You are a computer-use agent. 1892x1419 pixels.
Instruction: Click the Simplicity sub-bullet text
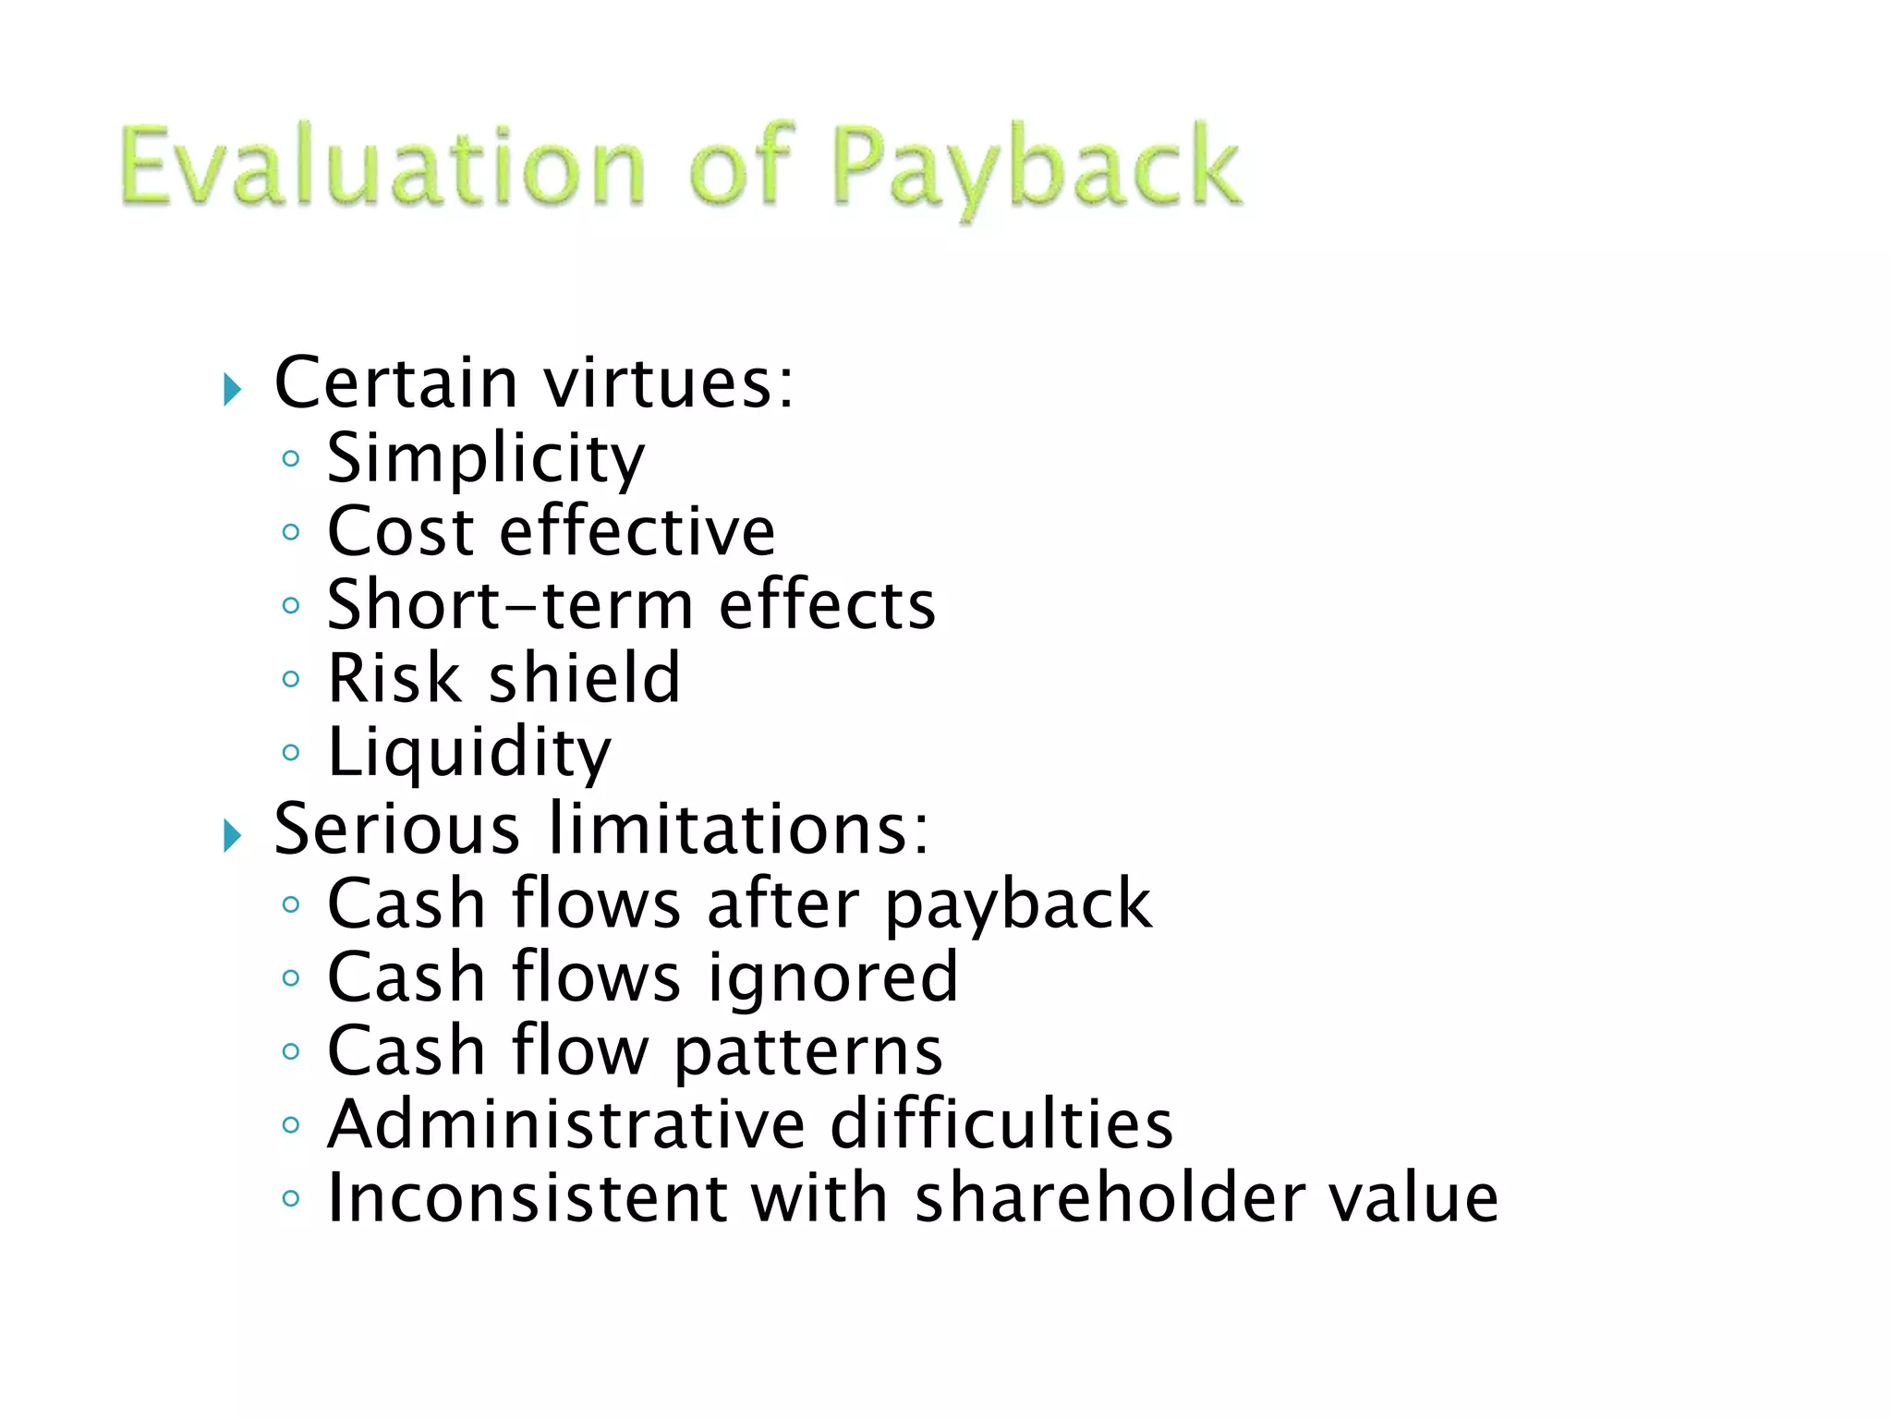tap(486, 458)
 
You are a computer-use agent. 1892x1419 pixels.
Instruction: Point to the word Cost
tap(401, 532)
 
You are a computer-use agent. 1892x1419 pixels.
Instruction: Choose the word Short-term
tap(510, 605)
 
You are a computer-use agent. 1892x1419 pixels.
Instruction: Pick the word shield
tap(584, 678)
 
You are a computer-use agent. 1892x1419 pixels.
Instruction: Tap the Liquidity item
tap(469, 754)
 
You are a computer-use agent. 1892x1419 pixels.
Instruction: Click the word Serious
tap(397, 829)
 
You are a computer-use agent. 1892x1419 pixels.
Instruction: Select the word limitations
tap(739, 829)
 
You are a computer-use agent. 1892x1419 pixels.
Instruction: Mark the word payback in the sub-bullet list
tap(1018, 905)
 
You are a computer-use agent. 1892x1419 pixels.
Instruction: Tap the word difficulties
tap(1001, 1124)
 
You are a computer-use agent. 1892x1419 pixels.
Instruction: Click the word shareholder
tap(1110, 1198)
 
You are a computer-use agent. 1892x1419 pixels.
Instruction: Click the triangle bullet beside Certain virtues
tap(232, 390)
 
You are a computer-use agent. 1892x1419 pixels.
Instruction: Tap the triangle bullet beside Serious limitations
tap(232, 836)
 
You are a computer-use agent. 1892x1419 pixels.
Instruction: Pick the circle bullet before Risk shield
tap(291, 680)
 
